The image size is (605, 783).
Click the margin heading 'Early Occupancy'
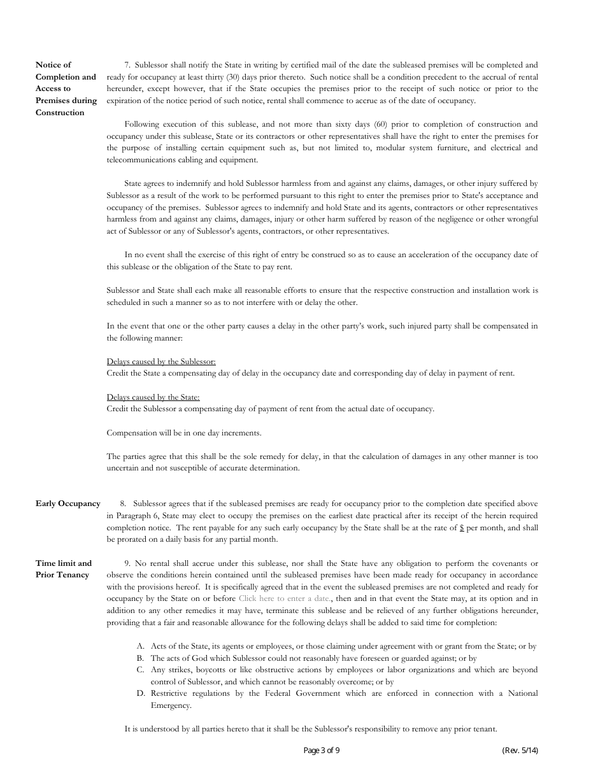tap(68, 504)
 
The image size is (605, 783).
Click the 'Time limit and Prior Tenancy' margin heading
tap(64, 569)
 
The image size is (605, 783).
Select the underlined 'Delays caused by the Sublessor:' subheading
tap(161, 362)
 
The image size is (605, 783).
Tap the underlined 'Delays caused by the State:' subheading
tap(153, 397)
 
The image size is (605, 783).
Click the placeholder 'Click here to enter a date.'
tap(285, 598)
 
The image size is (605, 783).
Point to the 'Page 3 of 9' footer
tap(322, 751)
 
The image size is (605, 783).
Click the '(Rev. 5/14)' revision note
tap(520, 751)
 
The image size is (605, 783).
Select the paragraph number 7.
tap(127, 65)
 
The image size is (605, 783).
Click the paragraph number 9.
tap(127, 563)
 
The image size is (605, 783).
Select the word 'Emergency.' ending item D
tap(171, 705)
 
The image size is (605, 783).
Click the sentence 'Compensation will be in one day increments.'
tap(184, 433)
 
